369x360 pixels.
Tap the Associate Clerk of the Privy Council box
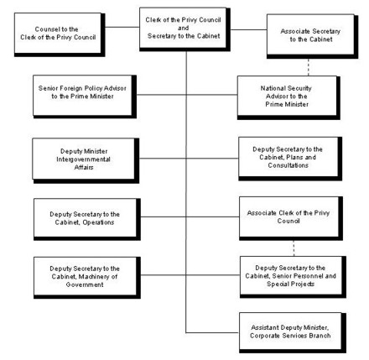pyautogui.click(x=290, y=215)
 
